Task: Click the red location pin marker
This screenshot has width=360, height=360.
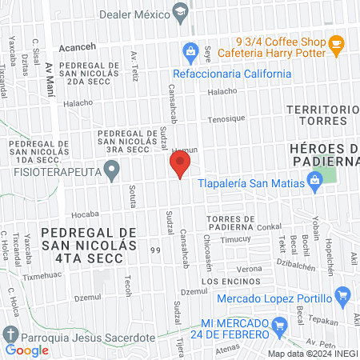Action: [180, 165]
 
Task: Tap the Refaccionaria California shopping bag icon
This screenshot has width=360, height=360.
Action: [190, 54]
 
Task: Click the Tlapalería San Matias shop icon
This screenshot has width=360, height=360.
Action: [315, 182]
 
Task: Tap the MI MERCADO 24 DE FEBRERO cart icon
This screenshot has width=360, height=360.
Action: [279, 326]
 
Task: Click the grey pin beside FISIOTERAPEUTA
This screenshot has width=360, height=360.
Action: [114, 170]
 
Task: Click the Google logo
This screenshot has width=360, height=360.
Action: [27, 350]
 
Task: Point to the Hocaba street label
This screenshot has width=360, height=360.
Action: [84, 215]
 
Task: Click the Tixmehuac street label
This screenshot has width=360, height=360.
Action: [42, 276]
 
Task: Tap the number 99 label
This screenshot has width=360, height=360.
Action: [155, 250]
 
